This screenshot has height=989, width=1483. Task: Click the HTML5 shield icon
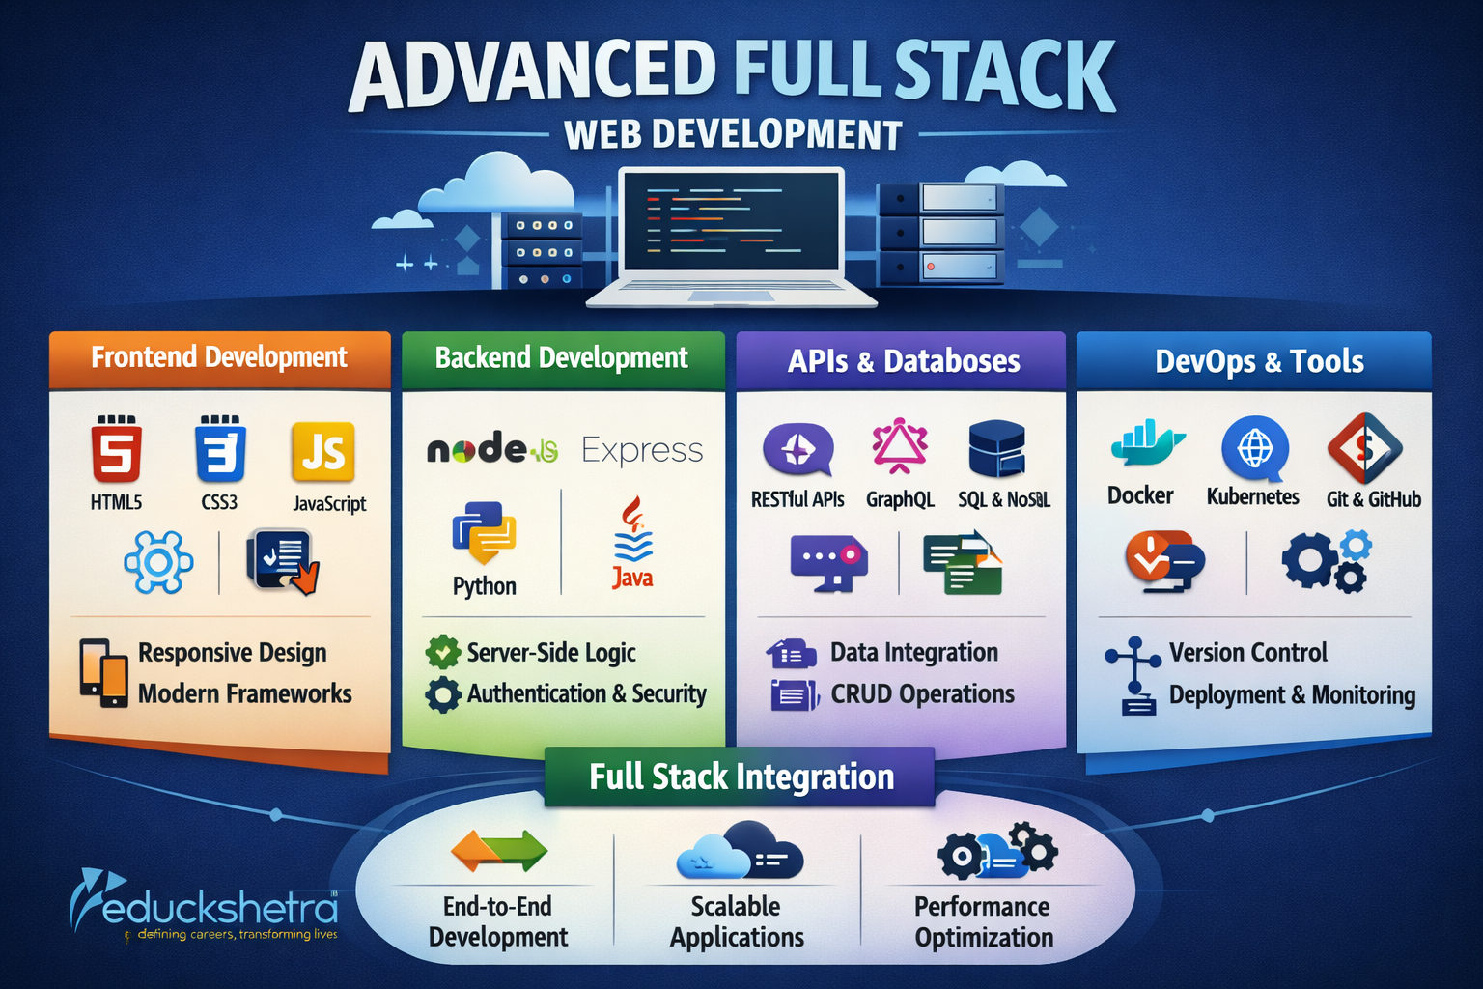point(117,450)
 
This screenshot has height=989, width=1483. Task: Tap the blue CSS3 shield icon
point(220,450)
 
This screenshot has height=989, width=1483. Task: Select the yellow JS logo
point(322,451)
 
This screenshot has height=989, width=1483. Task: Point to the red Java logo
point(632,541)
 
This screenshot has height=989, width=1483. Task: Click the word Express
point(642,451)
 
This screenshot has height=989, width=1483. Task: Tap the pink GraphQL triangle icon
point(900,446)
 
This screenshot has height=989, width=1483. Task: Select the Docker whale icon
point(1145,444)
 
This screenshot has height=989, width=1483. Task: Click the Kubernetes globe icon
point(1254,448)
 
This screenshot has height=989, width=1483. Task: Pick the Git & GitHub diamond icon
point(1364,448)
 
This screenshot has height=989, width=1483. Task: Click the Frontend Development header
point(219,358)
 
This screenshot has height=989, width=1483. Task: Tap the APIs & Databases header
point(903,361)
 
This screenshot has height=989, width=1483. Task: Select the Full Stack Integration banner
point(741,777)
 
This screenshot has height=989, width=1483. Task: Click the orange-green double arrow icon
point(498,851)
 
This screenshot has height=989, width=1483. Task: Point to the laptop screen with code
point(731,221)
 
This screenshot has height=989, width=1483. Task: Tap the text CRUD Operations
point(922,694)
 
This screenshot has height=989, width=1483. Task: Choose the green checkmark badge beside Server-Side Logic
point(442,653)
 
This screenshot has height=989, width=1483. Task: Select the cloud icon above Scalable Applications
point(739,851)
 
